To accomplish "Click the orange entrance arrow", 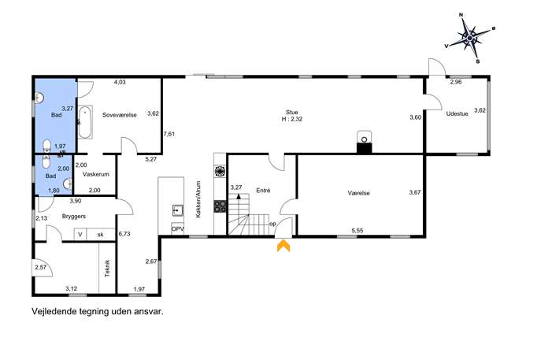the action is (x=283, y=246).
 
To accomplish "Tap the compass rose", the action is (x=470, y=37).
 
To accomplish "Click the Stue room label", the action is (x=291, y=112).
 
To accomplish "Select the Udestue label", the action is (x=458, y=113).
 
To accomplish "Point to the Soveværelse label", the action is (x=120, y=115).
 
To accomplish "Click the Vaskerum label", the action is (x=96, y=174).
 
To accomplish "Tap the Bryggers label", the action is (x=74, y=217).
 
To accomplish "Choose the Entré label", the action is (x=263, y=190).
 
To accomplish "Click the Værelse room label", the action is (x=358, y=193).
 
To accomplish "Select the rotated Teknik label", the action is (x=107, y=268).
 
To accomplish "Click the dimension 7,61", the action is (x=169, y=134).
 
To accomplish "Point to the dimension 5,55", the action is (x=357, y=230).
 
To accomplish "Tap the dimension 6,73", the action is (x=124, y=234).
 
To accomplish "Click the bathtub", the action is (x=85, y=122).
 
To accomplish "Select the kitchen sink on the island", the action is (x=178, y=210).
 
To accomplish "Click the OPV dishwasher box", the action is (x=177, y=228).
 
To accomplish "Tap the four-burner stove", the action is (x=220, y=206).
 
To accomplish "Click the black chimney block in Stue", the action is (x=364, y=148).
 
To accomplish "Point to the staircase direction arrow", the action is (x=239, y=197).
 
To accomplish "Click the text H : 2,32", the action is (x=292, y=119).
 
